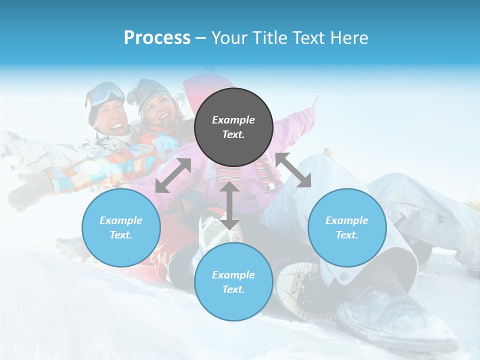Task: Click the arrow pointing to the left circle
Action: pos(173,175)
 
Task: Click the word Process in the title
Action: pos(157,37)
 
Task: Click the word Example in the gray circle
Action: pos(233,120)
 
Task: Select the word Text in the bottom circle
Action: pos(232,289)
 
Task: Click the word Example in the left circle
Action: pos(121,220)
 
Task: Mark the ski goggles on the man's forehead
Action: pos(107,92)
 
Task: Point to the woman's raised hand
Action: pos(313,102)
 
